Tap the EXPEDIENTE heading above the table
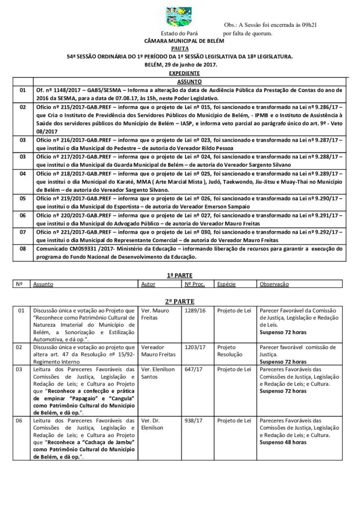pos(180,73)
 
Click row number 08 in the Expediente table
pos(22,248)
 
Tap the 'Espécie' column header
pos(226,284)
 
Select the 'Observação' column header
pos(274,284)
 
